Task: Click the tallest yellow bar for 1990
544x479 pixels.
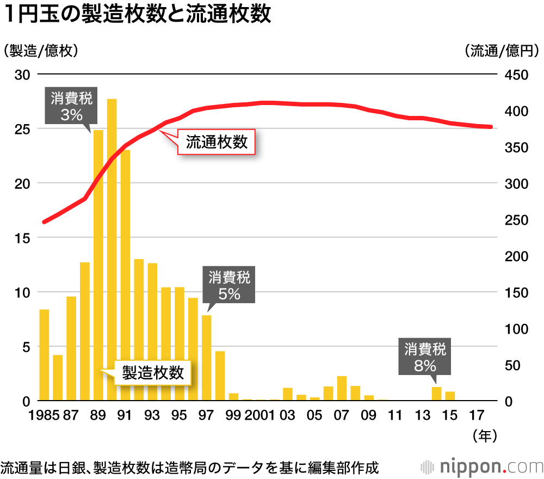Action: click(x=112, y=250)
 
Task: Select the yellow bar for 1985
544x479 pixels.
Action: click(x=44, y=355)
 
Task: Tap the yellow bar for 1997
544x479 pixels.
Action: click(x=207, y=358)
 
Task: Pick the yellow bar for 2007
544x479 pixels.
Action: click(x=342, y=388)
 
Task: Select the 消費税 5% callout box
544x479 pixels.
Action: click(x=229, y=286)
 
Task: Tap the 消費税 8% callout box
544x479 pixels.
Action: click(x=425, y=357)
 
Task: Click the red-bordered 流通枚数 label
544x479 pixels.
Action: click(x=217, y=143)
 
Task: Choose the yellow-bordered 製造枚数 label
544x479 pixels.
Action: click(x=152, y=373)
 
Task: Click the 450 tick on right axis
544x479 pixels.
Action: click(x=515, y=75)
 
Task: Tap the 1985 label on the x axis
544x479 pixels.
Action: click(x=44, y=415)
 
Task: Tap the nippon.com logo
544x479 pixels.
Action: click(x=482, y=466)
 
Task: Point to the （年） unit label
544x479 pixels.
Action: click(x=485, y=435)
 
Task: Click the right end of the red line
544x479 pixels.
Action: click(x=491, y=127)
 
